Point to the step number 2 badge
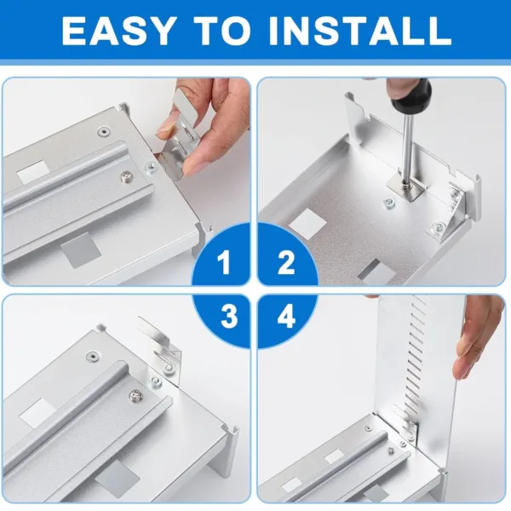(286, 263)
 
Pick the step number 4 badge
(285, 317)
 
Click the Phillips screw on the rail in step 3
(134, 396)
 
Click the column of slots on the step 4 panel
(416, 358)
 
